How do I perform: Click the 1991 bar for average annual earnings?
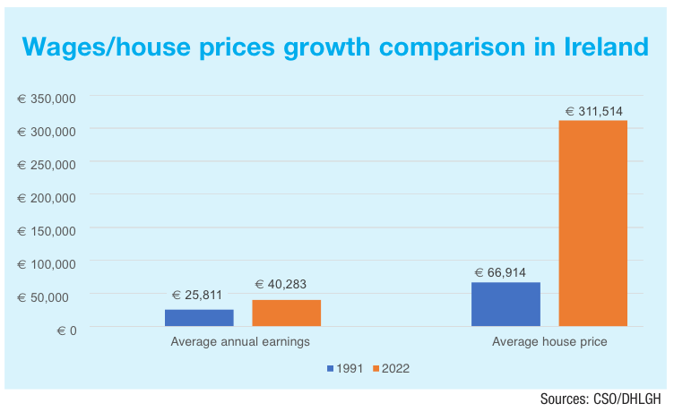click(199, 318)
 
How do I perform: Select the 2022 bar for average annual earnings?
click(287, 313)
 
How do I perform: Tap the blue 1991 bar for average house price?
click(505, 305)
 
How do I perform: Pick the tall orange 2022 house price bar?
click(592, 223)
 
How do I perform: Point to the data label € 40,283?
click(286, 285)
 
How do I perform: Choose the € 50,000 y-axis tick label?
click(50, 296)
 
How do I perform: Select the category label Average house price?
click(549, 342)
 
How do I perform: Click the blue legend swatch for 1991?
click(330, 368)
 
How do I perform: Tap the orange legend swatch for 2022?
click(376, 368)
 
